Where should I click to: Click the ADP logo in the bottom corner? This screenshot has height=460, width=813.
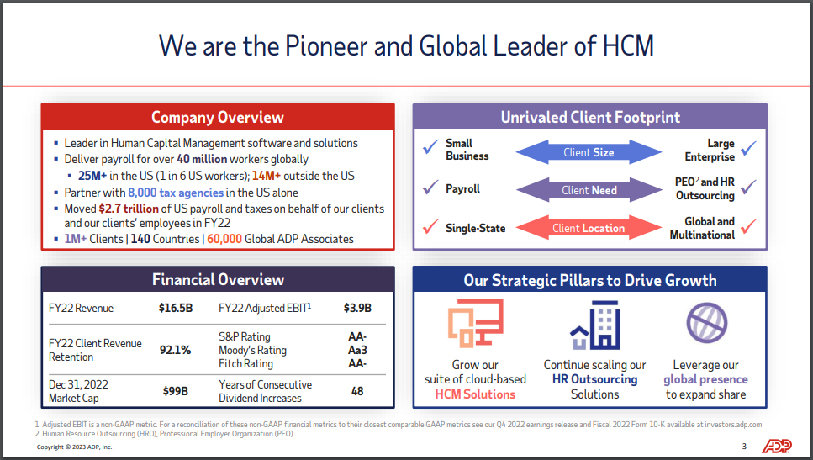pyautogui.click(x=776, y=446)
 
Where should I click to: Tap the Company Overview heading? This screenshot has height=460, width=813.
pyautogui.click(x=218, y=117)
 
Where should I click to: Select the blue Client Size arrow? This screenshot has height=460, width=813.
pyautogui.click(x=589, y=152)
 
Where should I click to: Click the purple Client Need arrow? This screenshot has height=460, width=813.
pyautogui.click(x=589, y=190)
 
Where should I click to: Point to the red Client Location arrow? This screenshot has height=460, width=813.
pyautogui.click(x=589, y=228)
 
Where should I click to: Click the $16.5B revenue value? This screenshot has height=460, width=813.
pyautogui.click(x=176, y=308)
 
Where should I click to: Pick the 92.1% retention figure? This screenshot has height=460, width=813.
pyautogui.click(x=175, y=350)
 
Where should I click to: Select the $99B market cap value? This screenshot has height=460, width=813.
pyautogui.click(x=175, y=391)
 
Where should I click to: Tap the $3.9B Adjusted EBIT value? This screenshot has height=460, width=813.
pyautogui.click(x=358, y=308)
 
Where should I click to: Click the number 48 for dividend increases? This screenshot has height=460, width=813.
pyautogui.click(x=357, y=391)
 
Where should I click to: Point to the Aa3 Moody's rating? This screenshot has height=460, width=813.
pyautogui.click(x=357, y=350)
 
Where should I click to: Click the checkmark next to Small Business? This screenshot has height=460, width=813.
pyautogui.click(x=430, y=147)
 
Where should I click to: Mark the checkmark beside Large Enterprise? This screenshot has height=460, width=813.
pyautogui.click(x=749, y=148)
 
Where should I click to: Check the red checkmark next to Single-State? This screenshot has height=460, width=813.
pyautogui.click(x=430, y=226)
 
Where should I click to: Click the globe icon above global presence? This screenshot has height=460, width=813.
pyautogui.click(x=707, y=323)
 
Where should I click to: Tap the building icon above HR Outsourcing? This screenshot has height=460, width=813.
pyautogui.click(x=595, y=325)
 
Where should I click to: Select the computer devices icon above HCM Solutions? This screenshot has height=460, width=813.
pyautogui.click(x=476, y=323)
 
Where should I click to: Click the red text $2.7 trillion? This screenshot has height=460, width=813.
pyautogui.click(x=129, y=209)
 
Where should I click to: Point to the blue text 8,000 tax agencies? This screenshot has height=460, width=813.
pyautogui.click(x=176, y=193)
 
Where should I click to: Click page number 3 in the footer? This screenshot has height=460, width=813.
pyautogui.click(x=745, y=446)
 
